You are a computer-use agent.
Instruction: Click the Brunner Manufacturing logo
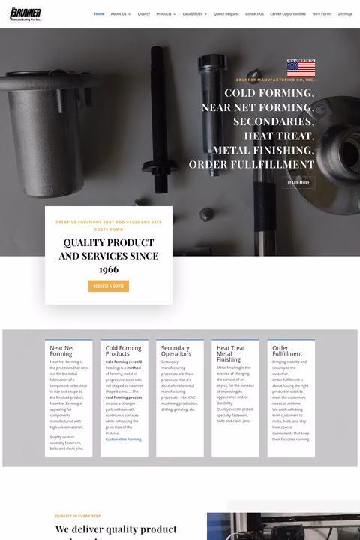(25, 14)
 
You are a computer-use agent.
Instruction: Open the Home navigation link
(99, 13)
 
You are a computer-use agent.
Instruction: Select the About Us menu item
(119, 13)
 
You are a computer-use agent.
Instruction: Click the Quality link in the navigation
(143, 13)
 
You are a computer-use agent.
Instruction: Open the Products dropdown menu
(166, 13)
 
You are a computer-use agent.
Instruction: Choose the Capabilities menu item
(194, 13)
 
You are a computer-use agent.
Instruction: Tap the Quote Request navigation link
(226, 13)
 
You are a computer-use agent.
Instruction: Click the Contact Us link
(254, 13)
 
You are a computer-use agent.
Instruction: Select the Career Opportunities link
(288, 13)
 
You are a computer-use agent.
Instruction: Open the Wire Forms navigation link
(322, 13)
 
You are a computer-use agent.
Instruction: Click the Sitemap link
(345, 13)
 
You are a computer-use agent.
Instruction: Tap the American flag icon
(301, 67)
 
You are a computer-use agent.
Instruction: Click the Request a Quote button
(109, 286)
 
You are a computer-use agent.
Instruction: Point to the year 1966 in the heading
(109, 269)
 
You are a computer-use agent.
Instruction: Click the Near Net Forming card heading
(62, 351)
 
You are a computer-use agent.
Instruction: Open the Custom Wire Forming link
(123, 439)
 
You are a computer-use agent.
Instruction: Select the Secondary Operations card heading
(175, 351)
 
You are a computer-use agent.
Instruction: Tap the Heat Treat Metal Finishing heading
(230, 354)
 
